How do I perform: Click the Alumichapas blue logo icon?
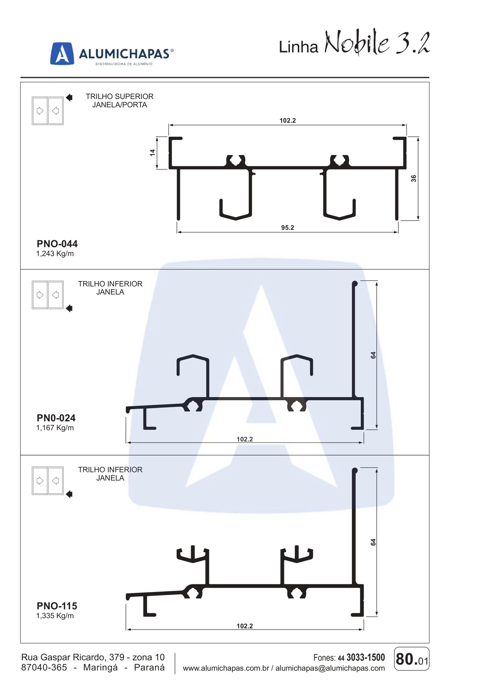[x=62, y=53]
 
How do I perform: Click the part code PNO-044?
[x=57, y=244]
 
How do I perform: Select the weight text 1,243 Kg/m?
[x=55, y=254]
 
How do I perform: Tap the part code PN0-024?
[x=56, y=418]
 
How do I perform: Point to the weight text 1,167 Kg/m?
[x=55, y=428]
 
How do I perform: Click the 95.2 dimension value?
[x=288, y=228]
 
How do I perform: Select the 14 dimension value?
[x=153, y=152]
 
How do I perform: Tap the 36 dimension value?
[x=414, y=178]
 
